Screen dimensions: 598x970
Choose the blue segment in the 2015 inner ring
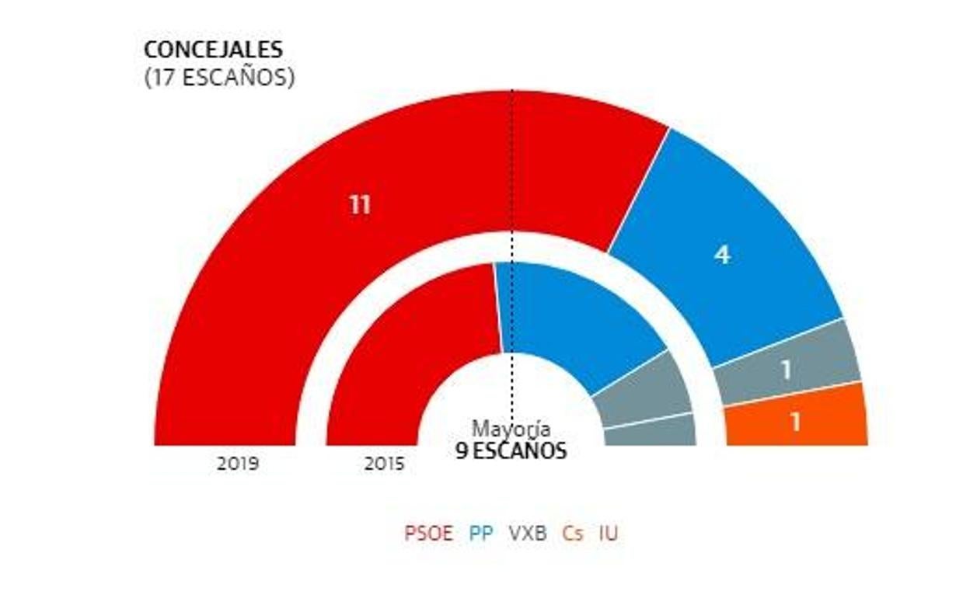[x=575, y=318]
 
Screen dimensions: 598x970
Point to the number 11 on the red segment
[x=359, y=206]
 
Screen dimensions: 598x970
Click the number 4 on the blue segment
[x=723, y=255]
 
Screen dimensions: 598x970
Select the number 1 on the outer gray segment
[x=787, y=370]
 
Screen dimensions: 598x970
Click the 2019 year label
[x=238, y=464]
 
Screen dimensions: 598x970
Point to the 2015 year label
[x=384, y=464]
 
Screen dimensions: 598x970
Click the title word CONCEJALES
[x=213, y=50]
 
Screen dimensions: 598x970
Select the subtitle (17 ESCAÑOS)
[x=219, y=78]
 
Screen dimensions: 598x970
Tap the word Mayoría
[x=511, y=429]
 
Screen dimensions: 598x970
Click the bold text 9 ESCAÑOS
[x=511, y=451]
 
